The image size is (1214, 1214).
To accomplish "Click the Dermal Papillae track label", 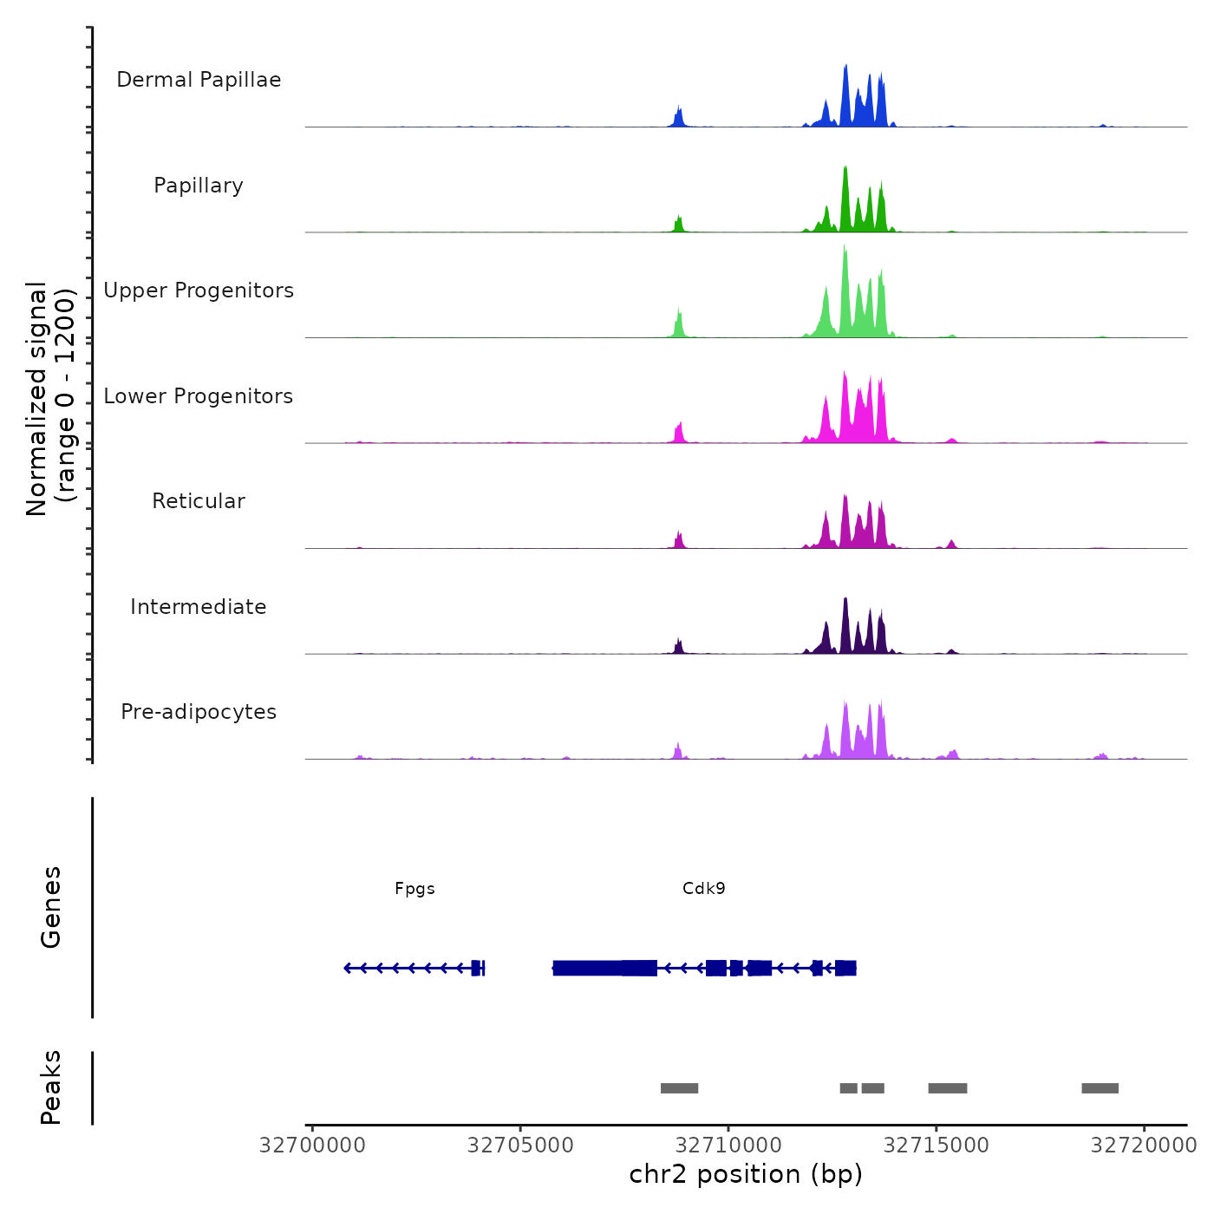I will click(x=199, y=80).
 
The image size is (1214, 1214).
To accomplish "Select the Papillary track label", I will click(x=199, y=186).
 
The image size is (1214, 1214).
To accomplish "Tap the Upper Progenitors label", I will click(x=199, y=290).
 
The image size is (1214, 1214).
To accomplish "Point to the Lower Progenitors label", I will click(x=199, y=396).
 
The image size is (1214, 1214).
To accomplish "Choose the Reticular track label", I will click(x=199, y=501).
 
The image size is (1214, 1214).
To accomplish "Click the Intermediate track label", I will click(x=199, y=607).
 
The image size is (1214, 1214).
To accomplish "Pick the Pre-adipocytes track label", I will click(x=199, y=712).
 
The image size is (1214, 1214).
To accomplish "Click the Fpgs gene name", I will click(x=414, y=889).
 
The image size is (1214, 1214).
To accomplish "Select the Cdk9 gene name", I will click(x=703, y=889).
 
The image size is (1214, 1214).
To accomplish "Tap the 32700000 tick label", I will click(x=312, y=1145).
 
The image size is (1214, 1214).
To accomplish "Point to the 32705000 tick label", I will click(x=520, y=1145).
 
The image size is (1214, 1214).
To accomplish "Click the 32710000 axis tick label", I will click(x=728, y=1145).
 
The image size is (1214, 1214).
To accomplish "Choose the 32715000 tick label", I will click(x=937, y=1145).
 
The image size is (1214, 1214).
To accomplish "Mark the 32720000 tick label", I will click(x=1144, y=1145).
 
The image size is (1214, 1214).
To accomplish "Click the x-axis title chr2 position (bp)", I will click(x=746, y=1174).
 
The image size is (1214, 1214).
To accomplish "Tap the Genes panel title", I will click(x=51, y=907).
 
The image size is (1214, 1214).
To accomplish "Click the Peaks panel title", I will click(x=51, y=1087).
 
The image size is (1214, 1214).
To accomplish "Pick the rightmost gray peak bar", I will click(x=1100, y=1088).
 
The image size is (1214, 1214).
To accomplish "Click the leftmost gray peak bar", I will click(x=679, y=1088).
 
